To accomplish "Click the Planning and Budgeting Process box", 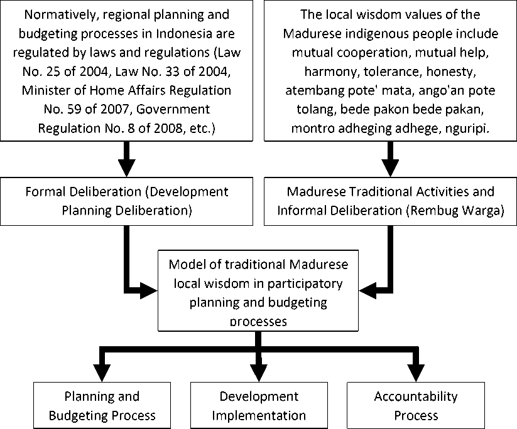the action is (102, 405).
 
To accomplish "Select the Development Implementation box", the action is (259, 405).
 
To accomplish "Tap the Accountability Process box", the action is (416, 405).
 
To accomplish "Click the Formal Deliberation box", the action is (127, 201).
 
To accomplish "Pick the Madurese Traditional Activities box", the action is (390, 201).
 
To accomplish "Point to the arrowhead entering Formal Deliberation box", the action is (127, 168).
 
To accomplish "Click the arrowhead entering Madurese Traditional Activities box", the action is (390, 168).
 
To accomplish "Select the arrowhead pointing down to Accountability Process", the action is (416, 373).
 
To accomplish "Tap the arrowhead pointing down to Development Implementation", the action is (259, 373).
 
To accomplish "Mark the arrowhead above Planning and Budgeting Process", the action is (102, 373).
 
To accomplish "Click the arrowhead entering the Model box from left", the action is (149, 290).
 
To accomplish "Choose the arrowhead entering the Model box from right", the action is (367, 290).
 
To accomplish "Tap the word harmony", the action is (332, 71).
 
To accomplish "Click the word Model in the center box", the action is (185, 265).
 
